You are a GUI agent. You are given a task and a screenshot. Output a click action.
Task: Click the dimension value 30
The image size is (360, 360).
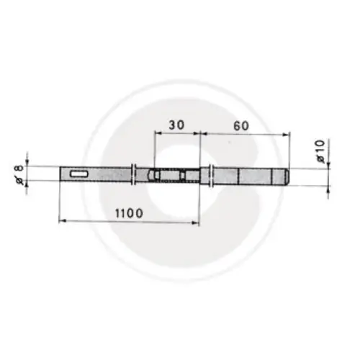[176, 125]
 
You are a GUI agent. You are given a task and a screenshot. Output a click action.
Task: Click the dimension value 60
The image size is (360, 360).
[241, 126]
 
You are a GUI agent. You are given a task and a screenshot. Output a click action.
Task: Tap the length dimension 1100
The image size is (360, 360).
[129, 213]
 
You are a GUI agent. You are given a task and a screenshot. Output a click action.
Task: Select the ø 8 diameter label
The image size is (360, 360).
[20, 174]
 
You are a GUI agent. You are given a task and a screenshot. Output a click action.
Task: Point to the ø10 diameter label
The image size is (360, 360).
[320, 151]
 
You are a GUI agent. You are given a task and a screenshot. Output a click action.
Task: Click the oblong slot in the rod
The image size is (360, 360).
[79, 174]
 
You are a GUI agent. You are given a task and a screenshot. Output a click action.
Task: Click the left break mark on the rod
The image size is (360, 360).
[134, 174]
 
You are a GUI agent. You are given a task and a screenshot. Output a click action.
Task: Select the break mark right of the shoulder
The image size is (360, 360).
[211, 176]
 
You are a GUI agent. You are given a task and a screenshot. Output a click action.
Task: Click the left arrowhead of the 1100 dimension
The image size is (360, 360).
[62, 222]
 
